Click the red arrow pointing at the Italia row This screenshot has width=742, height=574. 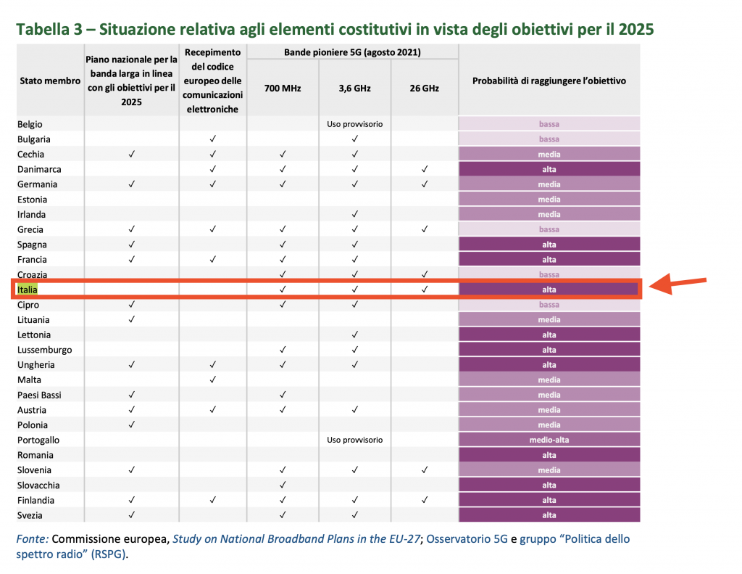pyautogui.click(x=678, y=285)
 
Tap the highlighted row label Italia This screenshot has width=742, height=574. pyautogui.click(x=28, y=290)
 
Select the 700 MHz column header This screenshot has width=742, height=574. pyautogui.click(x=283, y=89)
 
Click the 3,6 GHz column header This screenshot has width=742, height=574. pyautogui.click(x=355, y=89)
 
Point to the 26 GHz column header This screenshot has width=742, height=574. pyautogui.click(x=425, y=89)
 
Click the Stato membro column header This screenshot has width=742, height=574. pyautogui.click(x=50, y=81)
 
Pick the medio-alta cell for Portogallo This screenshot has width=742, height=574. pyautogui.click(x=549, y=440)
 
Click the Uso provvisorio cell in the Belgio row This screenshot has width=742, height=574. pyautogui.click(x=355, y=124)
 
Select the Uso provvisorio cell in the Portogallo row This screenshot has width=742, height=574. pyautogui.click(x=355, y=440)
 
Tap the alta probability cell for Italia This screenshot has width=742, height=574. pyautogui.click(x=549, y=290)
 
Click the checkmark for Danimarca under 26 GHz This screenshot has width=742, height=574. pyautogui.click(x=425, y=169)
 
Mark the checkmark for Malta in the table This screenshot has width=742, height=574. pyautogui.click(x=213, y=380)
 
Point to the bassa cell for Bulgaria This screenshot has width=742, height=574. pyautogui.click(x=549, y=139)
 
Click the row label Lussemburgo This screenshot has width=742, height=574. pyautogui.click(x=45, y=350)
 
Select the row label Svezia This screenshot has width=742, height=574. pyautogui.click(x=30, y=515)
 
